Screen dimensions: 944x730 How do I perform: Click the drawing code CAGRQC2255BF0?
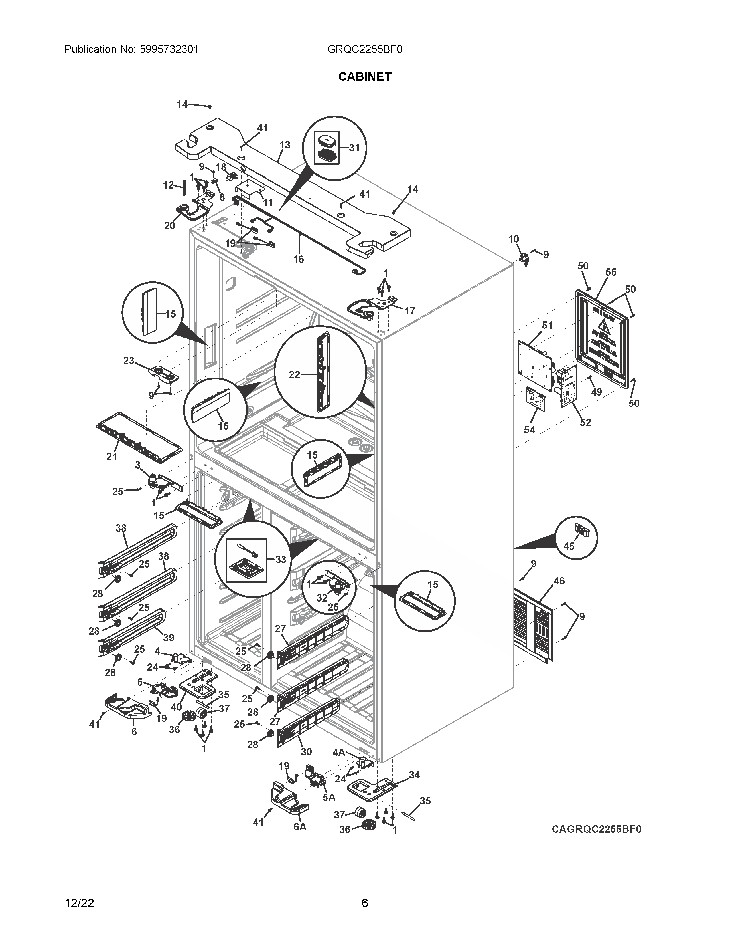point(596,829)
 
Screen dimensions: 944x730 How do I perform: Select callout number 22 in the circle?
point(294,375)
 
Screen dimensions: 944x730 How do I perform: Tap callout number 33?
point(281,559)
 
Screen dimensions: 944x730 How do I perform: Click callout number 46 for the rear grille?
point(559,581)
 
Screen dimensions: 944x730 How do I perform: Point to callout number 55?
point(611,272)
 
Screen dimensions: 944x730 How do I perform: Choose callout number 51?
point(547,325)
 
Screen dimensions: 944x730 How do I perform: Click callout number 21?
point(112,457)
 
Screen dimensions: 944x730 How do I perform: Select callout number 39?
point(169,638)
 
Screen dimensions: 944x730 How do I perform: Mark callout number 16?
point(298,259)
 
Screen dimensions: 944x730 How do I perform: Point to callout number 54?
point(529,430)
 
